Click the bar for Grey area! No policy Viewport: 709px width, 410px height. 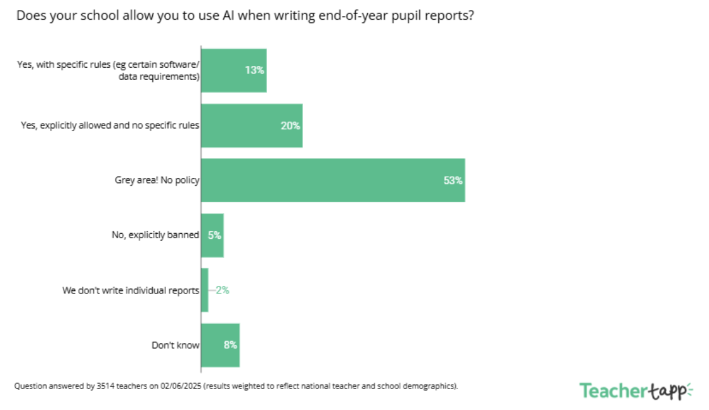[333, 181]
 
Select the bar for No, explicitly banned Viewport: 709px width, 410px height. [212, 235]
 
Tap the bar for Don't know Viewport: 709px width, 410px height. [220, 345]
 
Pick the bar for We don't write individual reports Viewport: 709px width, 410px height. [205, 290]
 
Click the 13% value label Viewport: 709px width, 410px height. [255, 70]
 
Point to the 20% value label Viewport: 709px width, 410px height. [290, 125]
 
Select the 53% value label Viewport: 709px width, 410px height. [453, 181]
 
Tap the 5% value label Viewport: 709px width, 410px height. [214, 235]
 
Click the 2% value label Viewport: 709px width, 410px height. [222, 290]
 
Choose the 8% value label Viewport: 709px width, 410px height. [230, 345]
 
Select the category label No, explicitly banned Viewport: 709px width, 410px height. [155, 235]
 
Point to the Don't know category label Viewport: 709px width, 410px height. [176, 345]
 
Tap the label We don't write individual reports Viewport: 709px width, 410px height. [131, 290]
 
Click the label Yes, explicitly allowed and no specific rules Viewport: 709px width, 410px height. [110, 125]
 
